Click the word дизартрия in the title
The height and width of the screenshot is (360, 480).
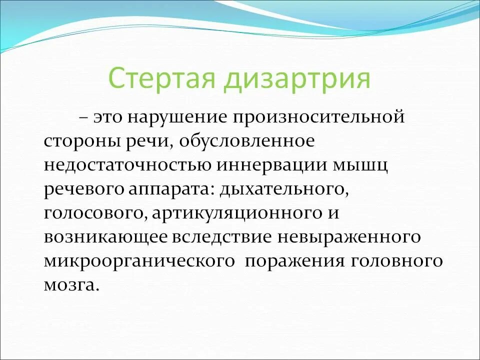click(297, 78)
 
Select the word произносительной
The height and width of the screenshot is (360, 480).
click(317, 118)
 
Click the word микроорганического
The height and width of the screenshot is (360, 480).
click(139, 261)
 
